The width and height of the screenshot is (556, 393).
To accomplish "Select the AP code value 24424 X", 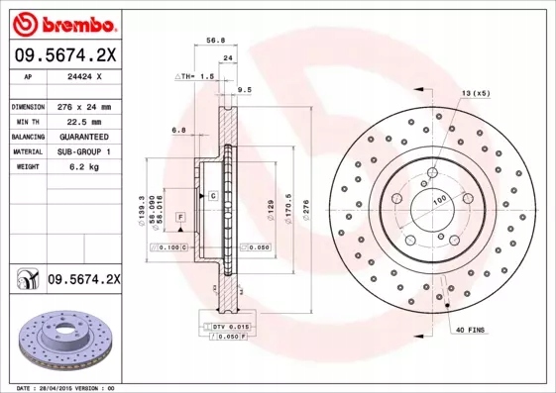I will [x=85, y=75].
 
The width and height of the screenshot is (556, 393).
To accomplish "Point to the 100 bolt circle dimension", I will [x=440, y=198].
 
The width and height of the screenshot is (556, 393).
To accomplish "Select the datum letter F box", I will [x=180, y=216].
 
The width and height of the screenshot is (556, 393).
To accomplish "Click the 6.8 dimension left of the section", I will [x=178, y=130].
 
